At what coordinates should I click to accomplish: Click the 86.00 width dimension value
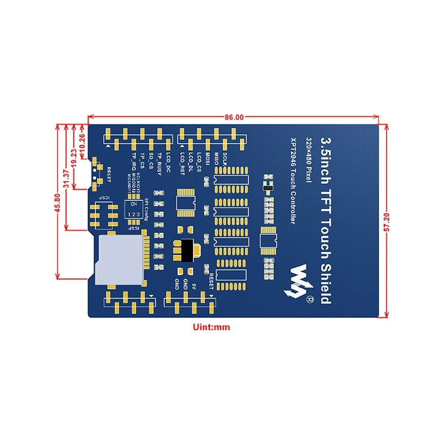(234, 117)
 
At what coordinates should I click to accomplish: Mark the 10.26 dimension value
(82, 144)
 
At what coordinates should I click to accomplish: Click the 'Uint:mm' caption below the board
(211, 327)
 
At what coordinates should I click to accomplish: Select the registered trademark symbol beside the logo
(309, 298)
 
